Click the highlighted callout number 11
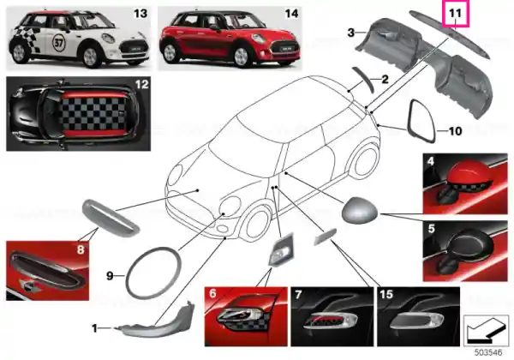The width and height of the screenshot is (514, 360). tap(456, 14)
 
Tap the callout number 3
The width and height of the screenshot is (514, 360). tap(351, 33)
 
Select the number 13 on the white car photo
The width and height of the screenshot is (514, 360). tap(140, 14)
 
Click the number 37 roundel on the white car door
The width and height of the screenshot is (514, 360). tap(58, 43)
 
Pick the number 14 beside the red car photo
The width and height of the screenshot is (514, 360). tap(291, 14)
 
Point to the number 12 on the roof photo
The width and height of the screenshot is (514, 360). tap(142, 84)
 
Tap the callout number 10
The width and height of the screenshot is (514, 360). tap(455, 131)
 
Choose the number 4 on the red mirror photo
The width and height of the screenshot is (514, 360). tap(431, 161)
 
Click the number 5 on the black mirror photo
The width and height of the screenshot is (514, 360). tap(431, 228)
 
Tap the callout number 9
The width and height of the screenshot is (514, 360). tap(111, 276)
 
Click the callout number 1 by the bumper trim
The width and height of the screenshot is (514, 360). tap(94, 328)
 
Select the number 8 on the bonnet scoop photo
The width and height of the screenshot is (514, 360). tap(81, 249)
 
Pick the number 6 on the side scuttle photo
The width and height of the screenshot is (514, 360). tap(212, 293)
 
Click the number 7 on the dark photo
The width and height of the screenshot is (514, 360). tap(298, 294)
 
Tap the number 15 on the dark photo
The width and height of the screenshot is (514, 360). tap(386, 294)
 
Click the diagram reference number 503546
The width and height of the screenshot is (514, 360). tap(488, 352)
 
